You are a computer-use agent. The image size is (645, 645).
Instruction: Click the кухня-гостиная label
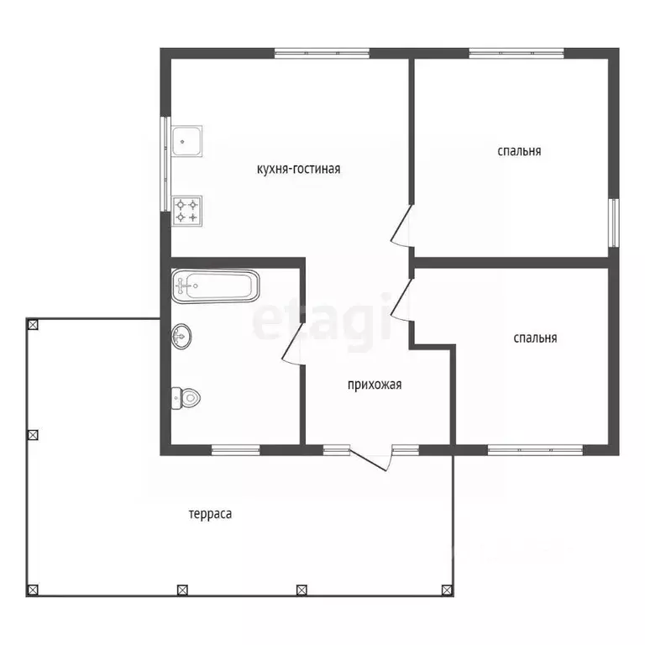(x=299, y=169)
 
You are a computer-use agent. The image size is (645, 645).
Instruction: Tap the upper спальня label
(x=519, y=151)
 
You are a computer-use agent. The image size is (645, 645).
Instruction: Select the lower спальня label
(x=535, y=338)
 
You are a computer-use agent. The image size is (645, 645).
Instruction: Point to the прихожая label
(x=375, y=385)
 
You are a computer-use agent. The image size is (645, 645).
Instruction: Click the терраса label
(x=210, y=514)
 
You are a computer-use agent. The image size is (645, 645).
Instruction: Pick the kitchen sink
(x=186, y=141)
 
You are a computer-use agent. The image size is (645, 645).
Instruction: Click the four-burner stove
(x=186, y=211)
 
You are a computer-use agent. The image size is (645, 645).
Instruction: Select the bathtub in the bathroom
(x=216, y=286)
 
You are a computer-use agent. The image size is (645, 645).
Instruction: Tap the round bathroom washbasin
(x=181, y=337)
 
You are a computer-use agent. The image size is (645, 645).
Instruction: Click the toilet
(x=186, y=398)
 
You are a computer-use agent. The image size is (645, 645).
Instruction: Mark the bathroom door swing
(x=293, y=343)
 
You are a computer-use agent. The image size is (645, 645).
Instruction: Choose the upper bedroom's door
(x=402, y=226)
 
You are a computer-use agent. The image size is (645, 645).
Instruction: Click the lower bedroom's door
(x=402, y=300)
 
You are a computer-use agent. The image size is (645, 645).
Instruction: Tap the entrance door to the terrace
(x=370, y=459)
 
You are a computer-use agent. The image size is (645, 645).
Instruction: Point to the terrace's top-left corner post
(x=33, y=325)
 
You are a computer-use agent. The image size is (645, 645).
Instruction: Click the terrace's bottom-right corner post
(x=447, y=590)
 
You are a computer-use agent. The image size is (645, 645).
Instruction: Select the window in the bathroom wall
(x=236, y=450)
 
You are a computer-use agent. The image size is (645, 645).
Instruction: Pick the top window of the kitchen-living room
(x=322, y=54)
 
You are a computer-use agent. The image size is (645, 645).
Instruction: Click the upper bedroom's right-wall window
(x=614, y=223)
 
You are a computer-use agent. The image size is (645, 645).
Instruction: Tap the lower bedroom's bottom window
(x=536, y=450)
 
